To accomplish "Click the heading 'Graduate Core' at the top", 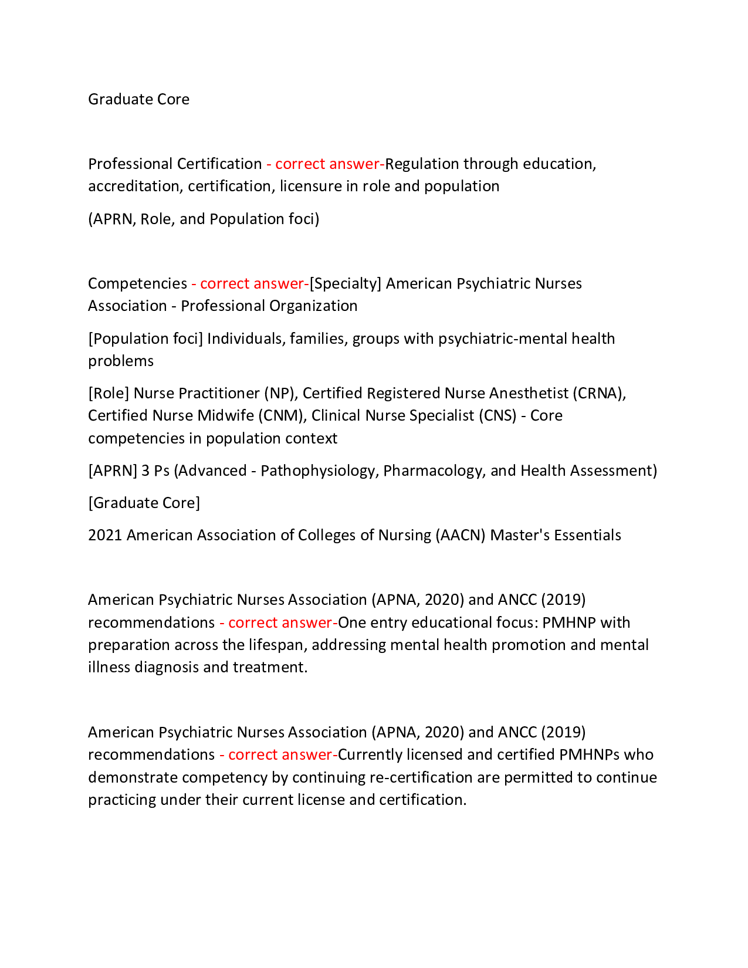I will click(138, 99).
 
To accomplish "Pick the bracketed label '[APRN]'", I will click(113, 471).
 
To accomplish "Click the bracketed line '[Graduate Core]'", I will click(144, 503).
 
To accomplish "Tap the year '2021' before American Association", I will click(105, 535).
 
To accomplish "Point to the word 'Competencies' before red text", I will click(137, 283).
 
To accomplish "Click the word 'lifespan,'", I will click(277, 645).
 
